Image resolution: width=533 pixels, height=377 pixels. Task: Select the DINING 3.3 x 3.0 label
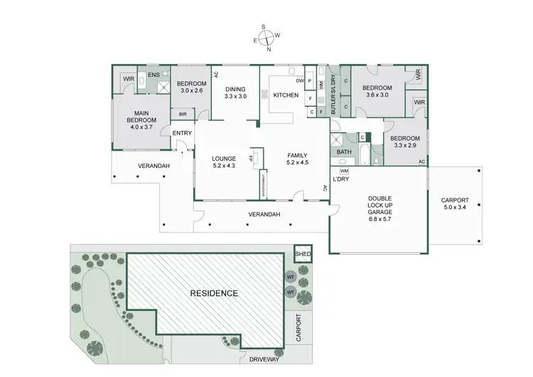coord(235,92)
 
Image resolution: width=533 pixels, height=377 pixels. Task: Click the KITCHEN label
coord(286,95)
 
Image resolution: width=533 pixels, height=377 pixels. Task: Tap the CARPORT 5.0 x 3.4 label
coord(455,204)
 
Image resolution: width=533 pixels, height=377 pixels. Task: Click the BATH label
coord(344,152)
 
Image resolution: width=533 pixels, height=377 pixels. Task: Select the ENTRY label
coord(182,133)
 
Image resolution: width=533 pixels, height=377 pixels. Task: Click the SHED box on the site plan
coord(303,254)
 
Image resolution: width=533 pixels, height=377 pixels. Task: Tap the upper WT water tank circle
coord(291,277)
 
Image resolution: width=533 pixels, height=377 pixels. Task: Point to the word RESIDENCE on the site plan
coord(213,293)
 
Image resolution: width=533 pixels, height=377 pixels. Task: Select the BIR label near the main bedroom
coord(183,113)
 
